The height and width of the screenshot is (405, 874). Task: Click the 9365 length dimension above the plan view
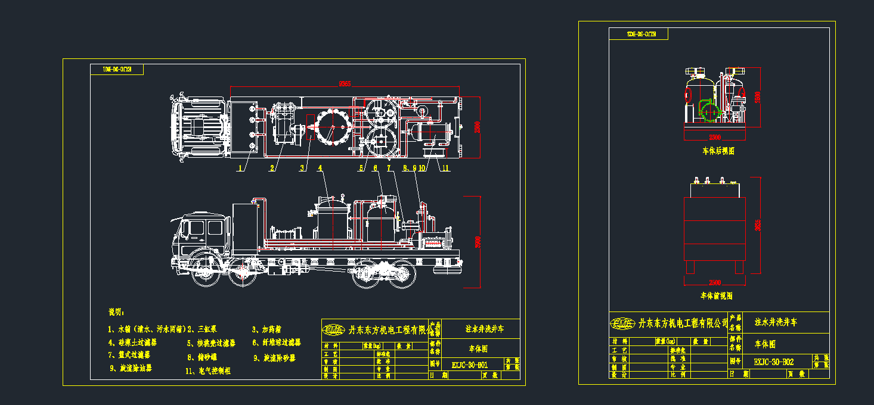(345, 84)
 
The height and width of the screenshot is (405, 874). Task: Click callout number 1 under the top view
(240, 169)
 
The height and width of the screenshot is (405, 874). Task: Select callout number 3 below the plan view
(302, 169)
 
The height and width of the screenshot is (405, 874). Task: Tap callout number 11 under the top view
(444, 169)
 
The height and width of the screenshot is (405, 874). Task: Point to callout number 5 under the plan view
(361, 169)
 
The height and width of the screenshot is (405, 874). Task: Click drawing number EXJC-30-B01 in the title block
(470, 364)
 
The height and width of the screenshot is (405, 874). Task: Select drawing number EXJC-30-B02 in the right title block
(773, 362)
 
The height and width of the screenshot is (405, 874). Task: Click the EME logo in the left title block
(333, 329)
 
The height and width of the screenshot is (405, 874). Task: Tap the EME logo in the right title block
(622, 323)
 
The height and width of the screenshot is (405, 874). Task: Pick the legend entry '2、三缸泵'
(202, 329)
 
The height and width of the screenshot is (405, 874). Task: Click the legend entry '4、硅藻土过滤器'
(132, 342)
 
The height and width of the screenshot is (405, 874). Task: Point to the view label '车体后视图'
(718, 151)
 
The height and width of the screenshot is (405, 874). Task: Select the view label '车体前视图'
(716, 296)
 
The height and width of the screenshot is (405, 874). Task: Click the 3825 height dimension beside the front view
(757, 227)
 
